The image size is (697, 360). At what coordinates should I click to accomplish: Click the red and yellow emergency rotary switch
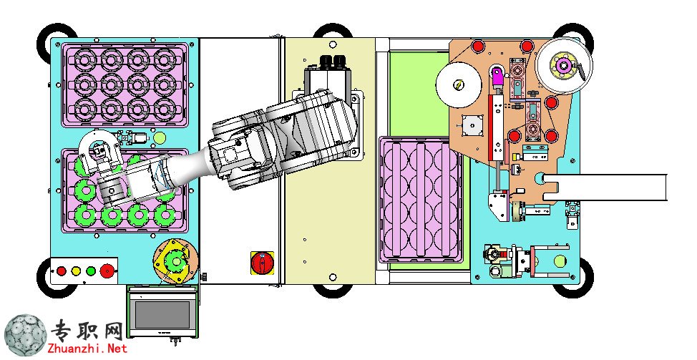pos(262,263)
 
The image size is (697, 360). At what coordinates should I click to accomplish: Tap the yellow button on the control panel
pos(76,271)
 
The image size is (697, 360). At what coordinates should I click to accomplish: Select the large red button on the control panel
pos(107,271)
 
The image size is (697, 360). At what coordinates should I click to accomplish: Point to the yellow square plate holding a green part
pos(175,262)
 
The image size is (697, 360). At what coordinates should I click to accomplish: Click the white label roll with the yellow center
pos(459,85)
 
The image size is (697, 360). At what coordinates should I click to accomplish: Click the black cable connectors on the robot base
pos(333,62)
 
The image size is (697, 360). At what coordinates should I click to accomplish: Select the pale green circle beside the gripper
pos(159,138)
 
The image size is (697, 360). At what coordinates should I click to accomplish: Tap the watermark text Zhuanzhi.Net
pos(89,349)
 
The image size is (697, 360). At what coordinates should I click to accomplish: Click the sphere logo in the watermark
pos(25,336)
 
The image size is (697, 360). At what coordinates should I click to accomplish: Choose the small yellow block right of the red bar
pos(515,157)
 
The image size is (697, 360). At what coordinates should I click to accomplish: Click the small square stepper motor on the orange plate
pos(472,125)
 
